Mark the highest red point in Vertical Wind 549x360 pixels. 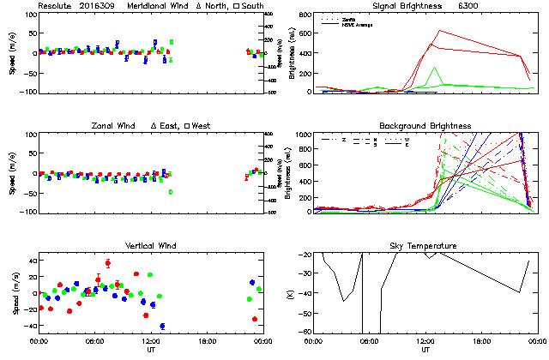tap(107, 263)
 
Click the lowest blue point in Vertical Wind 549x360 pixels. tap(162, 326)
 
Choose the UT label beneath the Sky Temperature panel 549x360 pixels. tap(425, 350)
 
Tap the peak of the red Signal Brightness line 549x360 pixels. tap(439, 31)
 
